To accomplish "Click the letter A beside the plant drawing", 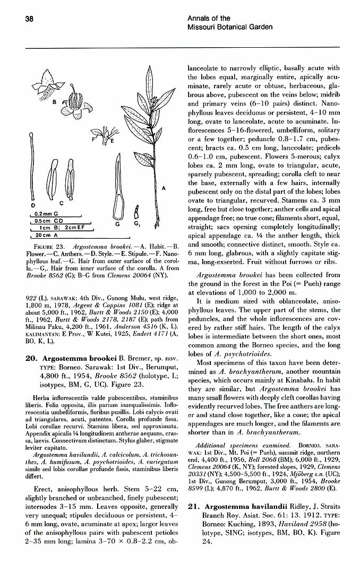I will pos(163,188).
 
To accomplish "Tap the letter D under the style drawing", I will pos(33,205).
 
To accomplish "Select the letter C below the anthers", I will pos(61,203).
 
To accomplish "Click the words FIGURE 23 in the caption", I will pos(49,247).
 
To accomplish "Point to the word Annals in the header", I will pos(199,19).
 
